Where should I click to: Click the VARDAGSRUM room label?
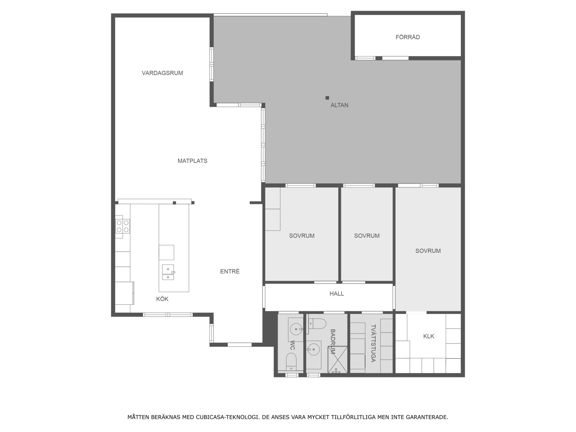pos(162,73)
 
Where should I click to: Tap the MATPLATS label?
pos(192,161)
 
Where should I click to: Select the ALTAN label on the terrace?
pos(339,105)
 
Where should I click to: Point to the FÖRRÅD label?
pos(408,37)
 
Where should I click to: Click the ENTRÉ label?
pos(230,271)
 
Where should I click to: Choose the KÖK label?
pos(162,298)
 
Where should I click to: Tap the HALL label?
pos(337,293)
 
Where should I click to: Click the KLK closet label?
pos(429,336)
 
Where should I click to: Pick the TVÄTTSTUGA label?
pos(373,343)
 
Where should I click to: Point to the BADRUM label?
pos(333,342)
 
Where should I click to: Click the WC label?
pos(292,345)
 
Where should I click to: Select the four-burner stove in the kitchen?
pos(123,226)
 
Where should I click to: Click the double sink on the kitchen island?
pos(168,272)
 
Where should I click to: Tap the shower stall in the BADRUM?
pos(337,360)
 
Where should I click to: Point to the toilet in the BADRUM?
pos(317,324)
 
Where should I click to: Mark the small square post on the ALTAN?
pos(327,97)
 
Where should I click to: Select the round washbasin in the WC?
pos(296,329)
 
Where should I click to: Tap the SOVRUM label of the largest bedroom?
pos(428,251)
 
